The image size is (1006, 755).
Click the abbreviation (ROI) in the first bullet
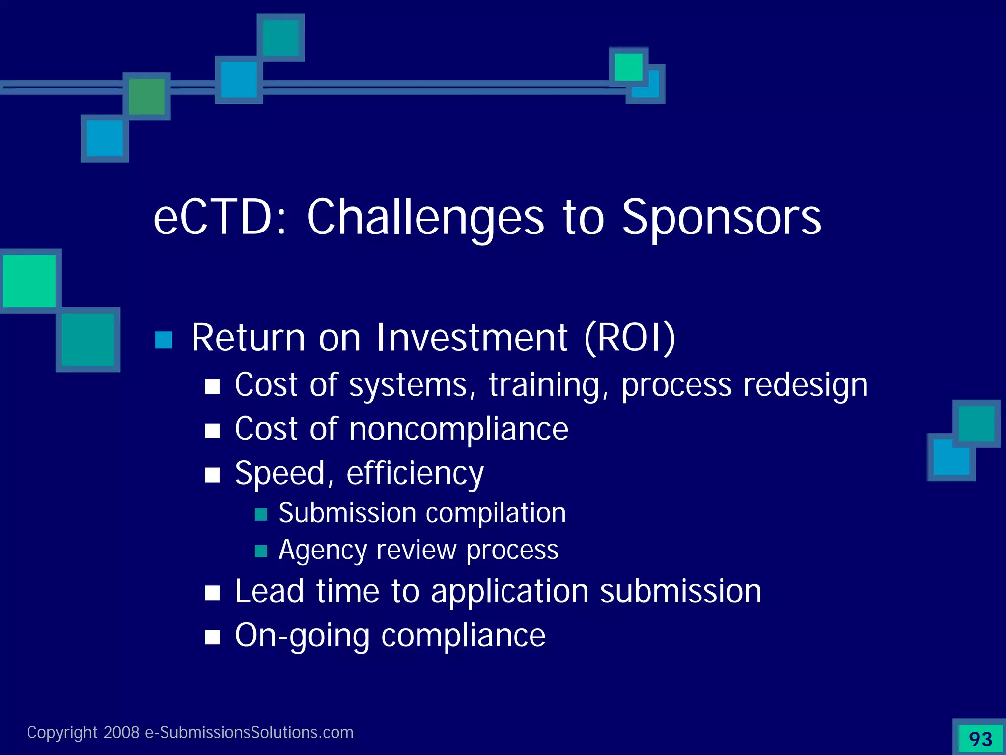click(x=630, y=338)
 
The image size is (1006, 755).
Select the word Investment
click(x=472, y=338)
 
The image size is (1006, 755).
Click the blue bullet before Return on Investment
click(x=164, y=340)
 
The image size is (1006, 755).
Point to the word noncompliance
click(x=459, y=429)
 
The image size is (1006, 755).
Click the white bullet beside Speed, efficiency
click(x=212, y=475)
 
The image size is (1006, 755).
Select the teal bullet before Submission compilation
click(x=261, y=515)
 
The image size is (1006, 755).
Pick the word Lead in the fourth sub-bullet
click(x=269, y=591)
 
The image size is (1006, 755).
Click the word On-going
click(x=302, y=636)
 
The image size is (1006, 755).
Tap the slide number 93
click(x=980, y=739)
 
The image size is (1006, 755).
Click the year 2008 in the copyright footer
click(x=121, y=732)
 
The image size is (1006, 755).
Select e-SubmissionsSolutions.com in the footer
click(x=249, y=732)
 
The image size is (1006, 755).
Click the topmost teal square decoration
click(x=280, y=37)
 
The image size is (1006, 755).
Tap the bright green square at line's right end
click(x=628, y=67)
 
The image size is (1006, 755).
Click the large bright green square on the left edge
click(x=29, y=281)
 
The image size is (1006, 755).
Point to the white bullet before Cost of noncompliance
click(x=212, y=431)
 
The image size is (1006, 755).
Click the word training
click(x=544, y=385)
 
